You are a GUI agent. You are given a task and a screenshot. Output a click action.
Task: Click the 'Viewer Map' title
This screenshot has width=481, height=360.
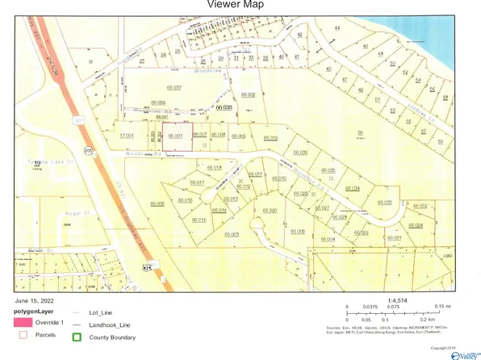[240, 5]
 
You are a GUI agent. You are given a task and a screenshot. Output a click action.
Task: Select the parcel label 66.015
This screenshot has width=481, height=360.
[199, 220]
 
